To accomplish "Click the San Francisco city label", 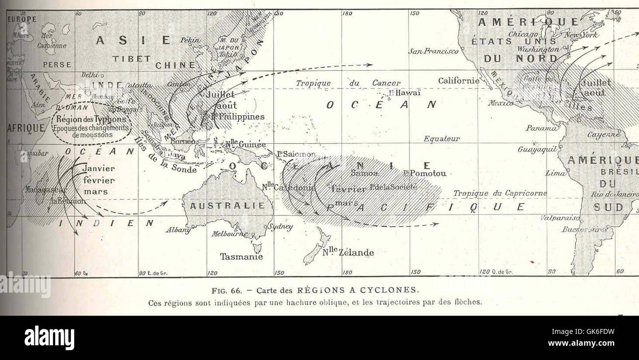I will [x=433, y=51].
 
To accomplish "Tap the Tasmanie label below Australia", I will [x=241, y=257].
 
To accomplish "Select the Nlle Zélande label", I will [x=348, y=253].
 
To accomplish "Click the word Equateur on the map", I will [x=441, y=139].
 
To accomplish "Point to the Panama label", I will [x=541, y=128].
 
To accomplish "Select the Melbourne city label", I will [x=229, y=234].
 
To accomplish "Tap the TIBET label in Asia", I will [x=131, y=59].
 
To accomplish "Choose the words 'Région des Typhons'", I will [x=91, y=119].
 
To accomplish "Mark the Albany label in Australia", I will [x=178, y=229].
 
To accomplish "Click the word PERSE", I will [x=57, y=64].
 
